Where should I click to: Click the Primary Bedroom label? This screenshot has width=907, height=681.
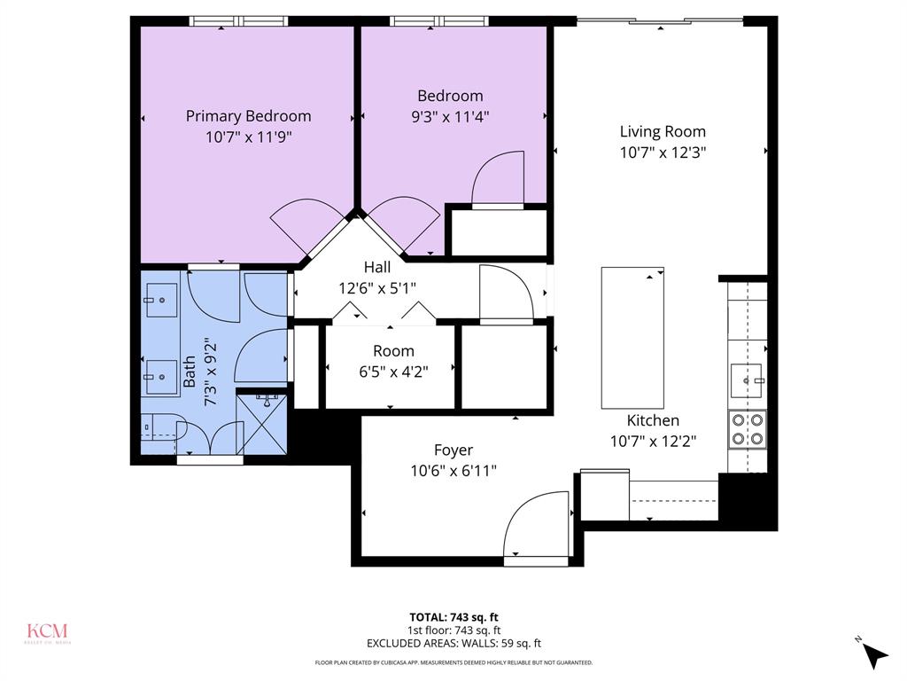(x=248, y=115)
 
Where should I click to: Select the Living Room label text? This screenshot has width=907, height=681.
(x=663, y=131)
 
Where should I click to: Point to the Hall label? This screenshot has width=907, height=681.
(x=377, y=267)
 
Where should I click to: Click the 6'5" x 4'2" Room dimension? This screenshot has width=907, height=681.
(x=392, y=372)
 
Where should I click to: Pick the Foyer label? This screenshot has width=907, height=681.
(x=453, y=450)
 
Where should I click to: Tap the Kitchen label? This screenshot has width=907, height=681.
(x=653, y=420)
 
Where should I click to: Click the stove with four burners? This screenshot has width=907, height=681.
(x=748, y=429)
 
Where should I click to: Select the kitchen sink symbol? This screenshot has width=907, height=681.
(x=746, y=380)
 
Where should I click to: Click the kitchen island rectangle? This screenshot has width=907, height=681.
(x=632, y=337)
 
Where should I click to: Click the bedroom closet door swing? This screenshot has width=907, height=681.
(x=498, y=180)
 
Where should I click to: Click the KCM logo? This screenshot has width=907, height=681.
(x=46, y=632)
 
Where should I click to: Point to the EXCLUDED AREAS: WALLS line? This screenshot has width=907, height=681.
(x=453, y=644)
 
